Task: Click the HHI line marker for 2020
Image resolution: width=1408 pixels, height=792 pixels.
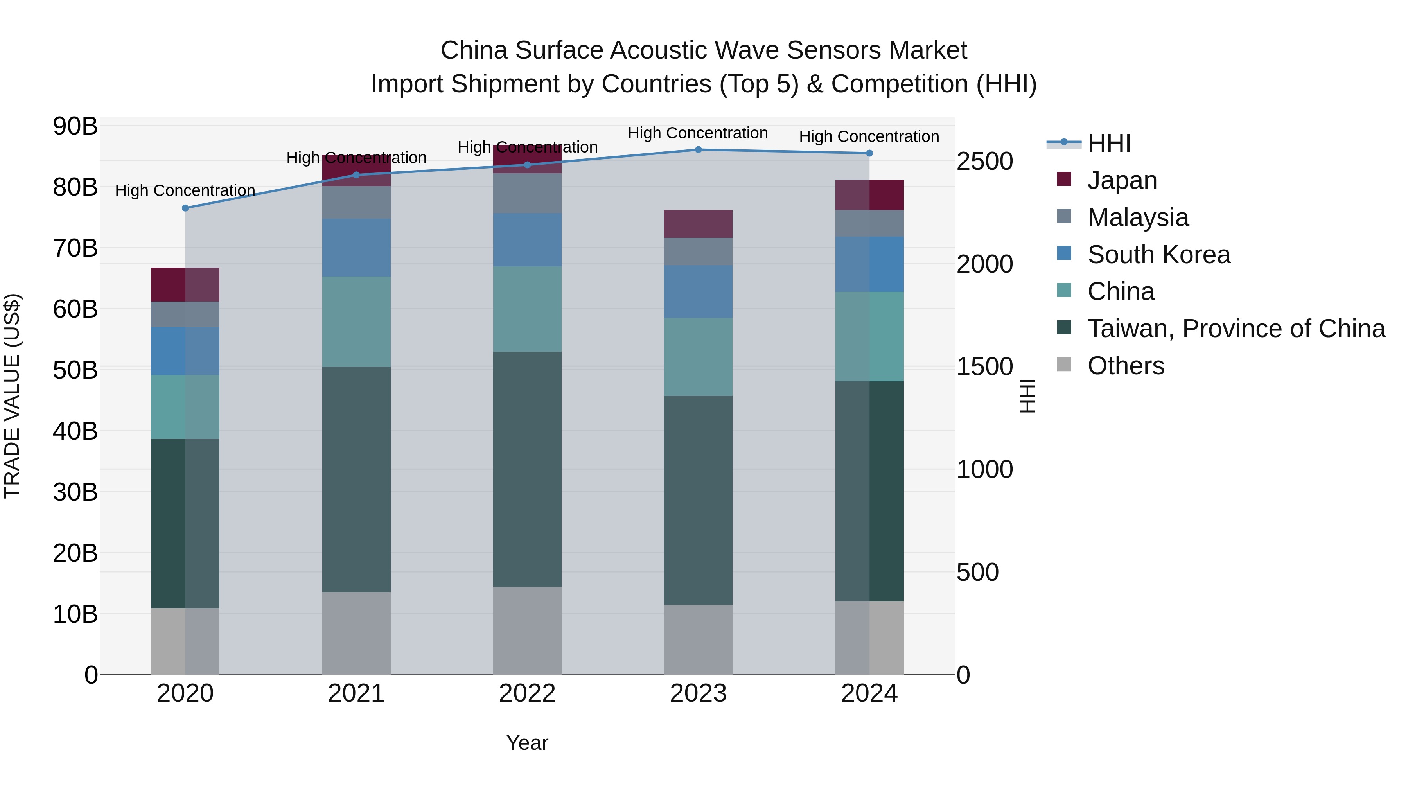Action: pos(185,208)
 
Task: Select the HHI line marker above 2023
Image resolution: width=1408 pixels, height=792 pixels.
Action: pos(698,149)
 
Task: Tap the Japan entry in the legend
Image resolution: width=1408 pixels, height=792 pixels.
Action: pos(1122,180)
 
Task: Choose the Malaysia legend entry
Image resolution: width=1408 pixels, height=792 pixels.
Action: pos(1137,217)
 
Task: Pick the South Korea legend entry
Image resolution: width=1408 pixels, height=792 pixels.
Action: pos(1158,255)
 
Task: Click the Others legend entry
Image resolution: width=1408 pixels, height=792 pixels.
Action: pos(1125,366)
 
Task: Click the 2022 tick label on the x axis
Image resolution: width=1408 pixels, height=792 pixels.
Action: pos(527,693)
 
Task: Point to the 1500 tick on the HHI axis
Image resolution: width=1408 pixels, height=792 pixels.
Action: pos(984,366)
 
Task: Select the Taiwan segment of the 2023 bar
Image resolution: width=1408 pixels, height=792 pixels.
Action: pos(698,500)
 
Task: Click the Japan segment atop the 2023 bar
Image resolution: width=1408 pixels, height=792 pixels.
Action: pos(698,224)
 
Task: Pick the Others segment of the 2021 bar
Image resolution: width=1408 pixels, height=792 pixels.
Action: pos(356,633)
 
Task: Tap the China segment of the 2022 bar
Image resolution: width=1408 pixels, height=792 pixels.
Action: pos(527,309)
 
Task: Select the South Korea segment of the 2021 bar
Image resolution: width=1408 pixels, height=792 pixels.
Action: pos(356,248)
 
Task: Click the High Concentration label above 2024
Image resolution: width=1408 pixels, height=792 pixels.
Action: pos(869,136)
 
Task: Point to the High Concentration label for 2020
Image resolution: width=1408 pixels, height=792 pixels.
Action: pos(185,190)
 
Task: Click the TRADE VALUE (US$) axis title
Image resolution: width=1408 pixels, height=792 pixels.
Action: pos(12,396)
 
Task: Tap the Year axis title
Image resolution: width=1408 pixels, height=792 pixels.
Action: pos(527,743)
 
